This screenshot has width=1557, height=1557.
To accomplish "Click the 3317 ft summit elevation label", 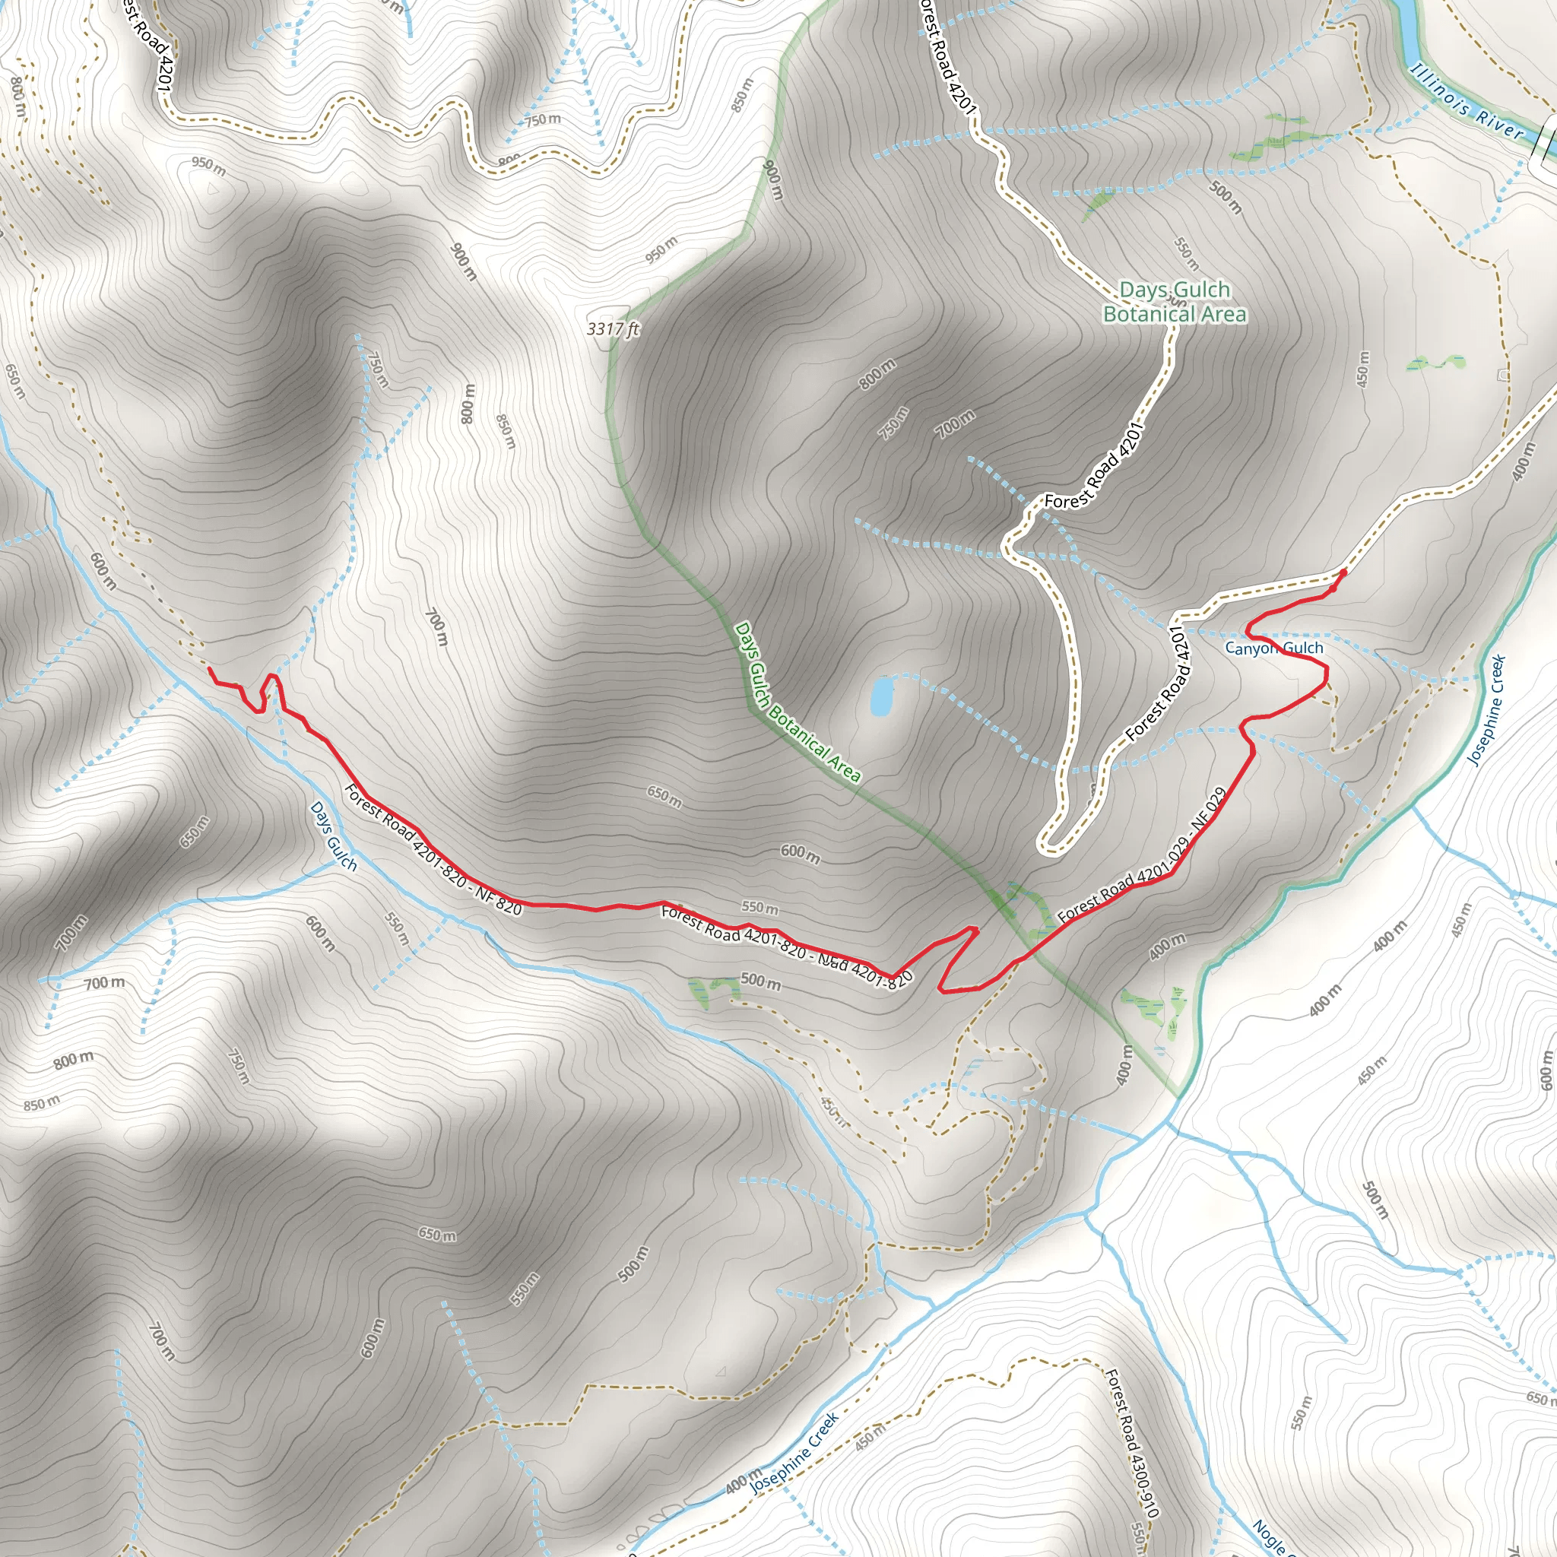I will point(613,328).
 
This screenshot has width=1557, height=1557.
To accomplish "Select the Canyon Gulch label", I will point(1273,648).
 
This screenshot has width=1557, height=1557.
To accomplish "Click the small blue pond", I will point(881,696).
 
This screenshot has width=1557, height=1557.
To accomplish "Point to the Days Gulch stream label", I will point(333,836).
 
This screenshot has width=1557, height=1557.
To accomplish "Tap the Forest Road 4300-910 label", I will point(1131,1442).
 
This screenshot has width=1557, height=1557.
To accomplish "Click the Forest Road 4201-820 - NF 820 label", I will point(433,849).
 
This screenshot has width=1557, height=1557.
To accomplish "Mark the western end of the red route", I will point(210,669).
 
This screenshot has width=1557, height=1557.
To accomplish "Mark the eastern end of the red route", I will point(1344,572).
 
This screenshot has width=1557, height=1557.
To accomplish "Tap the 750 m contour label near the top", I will point(542,120).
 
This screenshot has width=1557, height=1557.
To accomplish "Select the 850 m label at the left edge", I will point(41,1103).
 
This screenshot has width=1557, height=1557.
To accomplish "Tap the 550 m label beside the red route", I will point(759,909).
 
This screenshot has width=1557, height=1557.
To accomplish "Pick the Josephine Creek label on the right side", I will point(1487,710).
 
